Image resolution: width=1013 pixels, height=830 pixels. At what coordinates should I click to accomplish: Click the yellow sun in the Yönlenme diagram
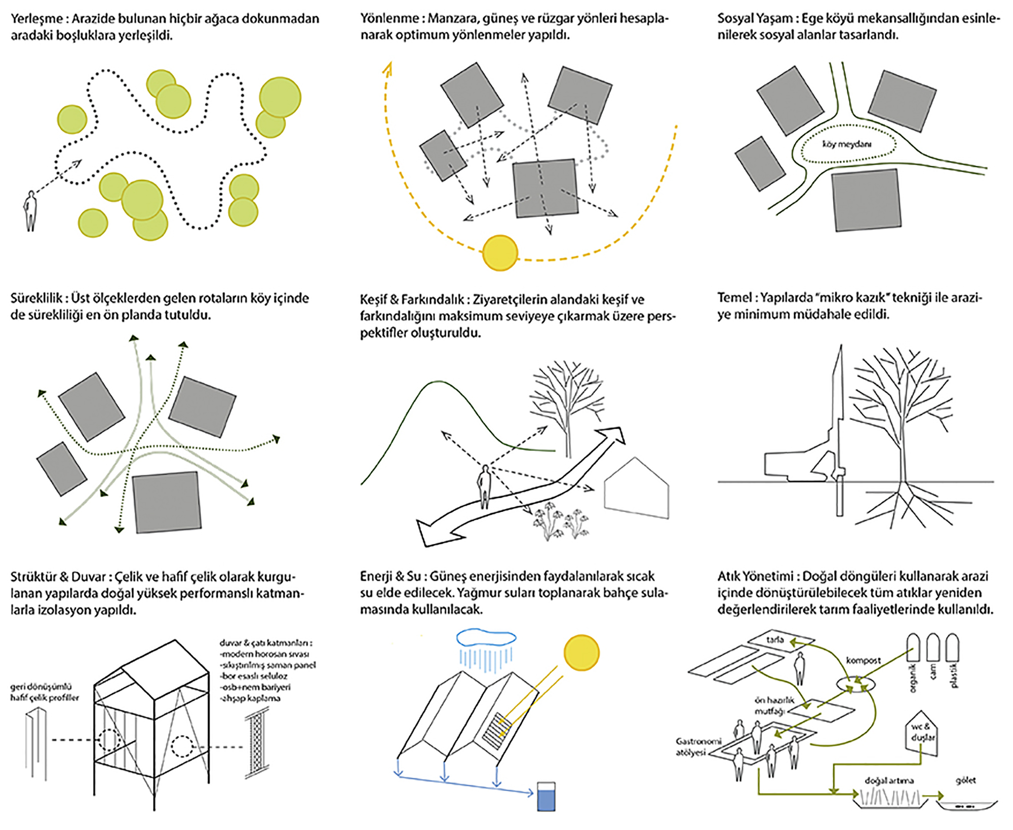point(500,253)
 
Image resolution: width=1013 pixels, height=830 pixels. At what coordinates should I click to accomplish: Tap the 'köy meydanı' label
point(846,144)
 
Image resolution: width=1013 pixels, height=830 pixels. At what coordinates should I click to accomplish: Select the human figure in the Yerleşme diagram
point(31,211)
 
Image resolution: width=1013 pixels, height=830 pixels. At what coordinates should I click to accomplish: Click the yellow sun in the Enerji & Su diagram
point(581,653)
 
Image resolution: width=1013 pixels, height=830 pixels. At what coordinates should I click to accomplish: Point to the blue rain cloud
point(486,637)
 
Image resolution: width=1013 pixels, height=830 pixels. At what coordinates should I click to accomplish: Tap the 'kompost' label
point(863,660)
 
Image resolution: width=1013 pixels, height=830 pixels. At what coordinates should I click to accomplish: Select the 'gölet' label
point(965,780)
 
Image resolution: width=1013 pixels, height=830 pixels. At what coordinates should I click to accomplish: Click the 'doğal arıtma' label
point(889,781)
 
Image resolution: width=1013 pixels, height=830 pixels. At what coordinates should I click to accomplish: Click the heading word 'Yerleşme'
point(37,19)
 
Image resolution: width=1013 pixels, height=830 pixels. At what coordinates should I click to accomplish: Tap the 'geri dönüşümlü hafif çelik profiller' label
point(45,692)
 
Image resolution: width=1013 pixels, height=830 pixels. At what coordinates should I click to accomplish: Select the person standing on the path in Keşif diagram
point(485,486)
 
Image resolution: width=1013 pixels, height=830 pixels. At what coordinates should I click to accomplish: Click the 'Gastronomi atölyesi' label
point(697,747)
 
